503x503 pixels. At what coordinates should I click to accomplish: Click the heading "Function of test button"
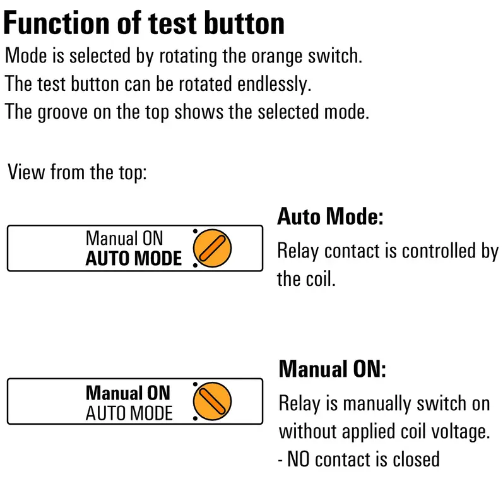tap(144, 23)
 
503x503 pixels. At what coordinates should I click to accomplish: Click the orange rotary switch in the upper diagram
tap(213, 248)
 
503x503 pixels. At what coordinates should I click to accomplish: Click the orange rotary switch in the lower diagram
tap(213, 402)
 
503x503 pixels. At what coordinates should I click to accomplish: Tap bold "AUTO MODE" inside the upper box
tap(133, 259)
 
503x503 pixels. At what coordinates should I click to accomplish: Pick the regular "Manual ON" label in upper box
tap(124, 239)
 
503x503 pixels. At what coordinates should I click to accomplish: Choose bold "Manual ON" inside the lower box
tap(128, 393)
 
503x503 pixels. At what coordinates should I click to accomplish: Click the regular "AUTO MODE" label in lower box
tap(129, 413)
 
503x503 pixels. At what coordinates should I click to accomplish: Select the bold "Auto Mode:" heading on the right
tap(330, 217)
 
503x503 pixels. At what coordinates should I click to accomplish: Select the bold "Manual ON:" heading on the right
tap(332, 369)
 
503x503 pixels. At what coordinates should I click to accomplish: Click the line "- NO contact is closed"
tap(359, 459)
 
